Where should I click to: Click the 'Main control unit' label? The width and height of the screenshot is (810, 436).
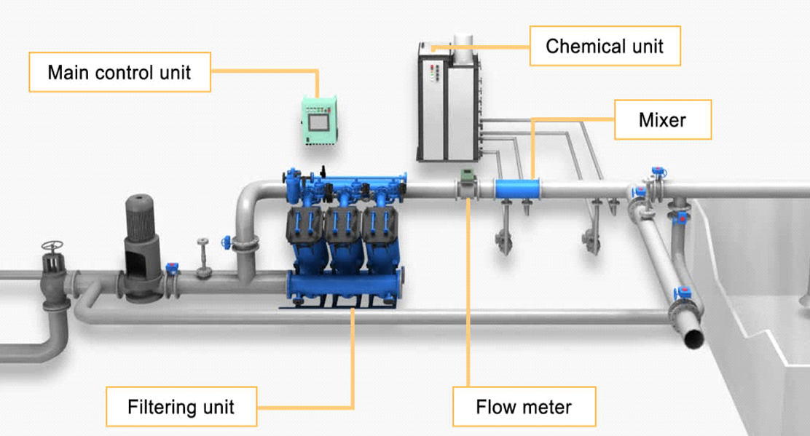click(x=119, y=72)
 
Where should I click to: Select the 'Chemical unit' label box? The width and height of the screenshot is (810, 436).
click(x=605, y=47)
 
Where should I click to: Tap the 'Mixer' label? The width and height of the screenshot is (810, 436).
click(x=662, y=119)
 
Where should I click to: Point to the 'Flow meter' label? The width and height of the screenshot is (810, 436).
click(x=524, y=406)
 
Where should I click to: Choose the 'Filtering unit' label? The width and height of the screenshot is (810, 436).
click(x=181, y=406)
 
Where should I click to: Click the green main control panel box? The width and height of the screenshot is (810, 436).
click(x=321, y=120)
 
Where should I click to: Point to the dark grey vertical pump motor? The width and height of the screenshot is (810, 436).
click(x=141, y=233)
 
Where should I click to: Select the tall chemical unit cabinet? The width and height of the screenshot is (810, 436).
click(x=447, y=102)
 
